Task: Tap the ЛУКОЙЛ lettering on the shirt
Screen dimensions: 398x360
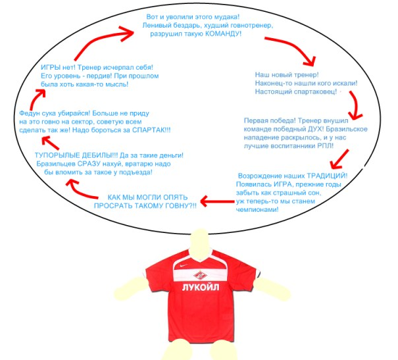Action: click(x=201, y=287)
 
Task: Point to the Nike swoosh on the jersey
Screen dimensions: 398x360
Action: click(x=184, y=266)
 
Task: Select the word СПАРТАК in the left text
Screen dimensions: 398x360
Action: click(x=148, y=130)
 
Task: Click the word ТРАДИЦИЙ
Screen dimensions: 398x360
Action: click(x=325, y=176)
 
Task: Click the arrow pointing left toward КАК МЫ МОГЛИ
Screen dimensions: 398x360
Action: click(x=217, y=201)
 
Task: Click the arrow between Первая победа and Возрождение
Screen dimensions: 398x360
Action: click(x=340, y=159)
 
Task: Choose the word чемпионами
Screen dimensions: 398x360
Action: click(x=257, y=210)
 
